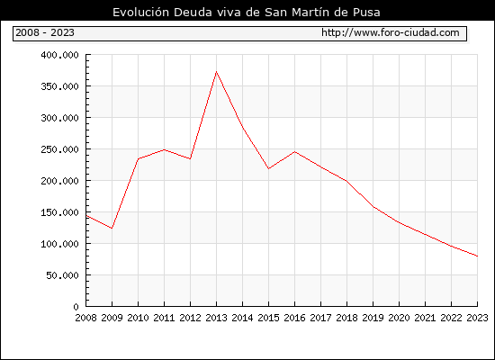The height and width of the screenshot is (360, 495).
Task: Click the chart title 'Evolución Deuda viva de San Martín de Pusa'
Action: [247, 13]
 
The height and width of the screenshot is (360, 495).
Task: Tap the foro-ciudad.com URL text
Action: [391, 32]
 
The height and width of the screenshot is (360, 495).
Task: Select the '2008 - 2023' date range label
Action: [45, 32]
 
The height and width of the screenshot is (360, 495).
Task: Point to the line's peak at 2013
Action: [216, 72]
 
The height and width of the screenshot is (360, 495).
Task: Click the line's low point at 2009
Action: [112, 228]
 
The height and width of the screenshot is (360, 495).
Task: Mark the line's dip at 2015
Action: [268, 168]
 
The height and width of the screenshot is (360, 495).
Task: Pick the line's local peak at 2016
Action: [294, 152]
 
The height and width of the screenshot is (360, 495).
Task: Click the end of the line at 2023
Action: [477, 256]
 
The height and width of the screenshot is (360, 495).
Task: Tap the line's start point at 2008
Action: [85, 216]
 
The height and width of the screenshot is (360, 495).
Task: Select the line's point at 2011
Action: [164, 149]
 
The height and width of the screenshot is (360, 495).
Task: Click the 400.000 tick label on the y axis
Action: [59, 55]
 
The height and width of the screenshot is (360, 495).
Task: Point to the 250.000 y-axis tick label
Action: [59, 149]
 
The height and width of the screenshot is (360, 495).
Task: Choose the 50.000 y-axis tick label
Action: [62, 275]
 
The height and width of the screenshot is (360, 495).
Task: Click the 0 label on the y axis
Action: [76, 307]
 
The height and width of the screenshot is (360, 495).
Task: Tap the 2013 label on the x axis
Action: [216, 318]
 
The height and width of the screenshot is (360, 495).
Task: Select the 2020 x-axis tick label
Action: [399, 318]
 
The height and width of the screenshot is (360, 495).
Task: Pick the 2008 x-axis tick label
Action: [85, 318]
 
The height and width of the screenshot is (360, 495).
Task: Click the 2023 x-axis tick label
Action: [477, 318]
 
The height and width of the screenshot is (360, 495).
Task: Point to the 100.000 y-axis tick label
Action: [59, 244]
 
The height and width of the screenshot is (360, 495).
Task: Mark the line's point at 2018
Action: [346, 181]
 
